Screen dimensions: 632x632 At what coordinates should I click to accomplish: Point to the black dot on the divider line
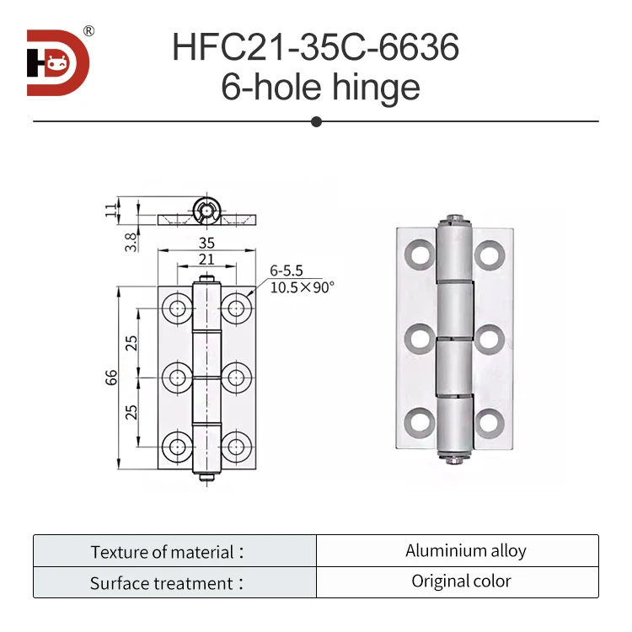316,121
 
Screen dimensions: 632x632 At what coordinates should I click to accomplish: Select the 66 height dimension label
111,378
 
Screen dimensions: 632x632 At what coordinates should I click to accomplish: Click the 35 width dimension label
206,243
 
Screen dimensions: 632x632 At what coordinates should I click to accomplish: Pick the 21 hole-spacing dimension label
206,260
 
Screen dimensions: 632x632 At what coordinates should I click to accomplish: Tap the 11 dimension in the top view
110,210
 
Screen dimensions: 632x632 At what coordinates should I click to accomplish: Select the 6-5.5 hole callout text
286,271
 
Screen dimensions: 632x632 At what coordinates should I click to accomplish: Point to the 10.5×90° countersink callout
302,287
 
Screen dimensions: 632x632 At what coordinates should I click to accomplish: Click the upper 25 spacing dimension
131,342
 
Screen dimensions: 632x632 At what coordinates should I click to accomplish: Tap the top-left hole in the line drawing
177,307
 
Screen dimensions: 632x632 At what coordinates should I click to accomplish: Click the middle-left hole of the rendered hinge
419,339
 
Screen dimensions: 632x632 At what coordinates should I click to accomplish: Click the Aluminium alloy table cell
465,551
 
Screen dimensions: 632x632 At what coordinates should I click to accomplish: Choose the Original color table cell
461,581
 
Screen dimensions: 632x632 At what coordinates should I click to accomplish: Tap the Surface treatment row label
168,583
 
